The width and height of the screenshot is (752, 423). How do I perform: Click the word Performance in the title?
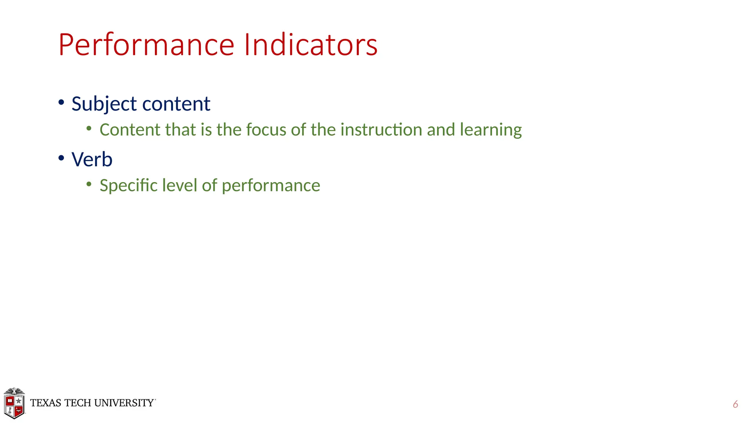point(146,45)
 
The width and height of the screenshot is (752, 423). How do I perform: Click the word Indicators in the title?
point(310,44)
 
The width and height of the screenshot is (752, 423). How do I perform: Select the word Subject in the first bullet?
point(104,104)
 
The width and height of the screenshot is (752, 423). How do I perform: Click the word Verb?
point(92,159)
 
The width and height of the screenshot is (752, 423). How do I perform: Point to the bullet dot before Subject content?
point(61,102)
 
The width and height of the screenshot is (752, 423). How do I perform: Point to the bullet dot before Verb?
point(61,158)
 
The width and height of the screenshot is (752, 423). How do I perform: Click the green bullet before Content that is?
point(89,129)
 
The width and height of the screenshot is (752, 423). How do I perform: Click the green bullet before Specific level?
point(89,184)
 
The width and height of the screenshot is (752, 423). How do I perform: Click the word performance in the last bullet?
point(271,186)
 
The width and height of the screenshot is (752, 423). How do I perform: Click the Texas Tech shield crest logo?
point(14,403)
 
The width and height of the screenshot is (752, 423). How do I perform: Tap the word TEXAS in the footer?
point(46,403)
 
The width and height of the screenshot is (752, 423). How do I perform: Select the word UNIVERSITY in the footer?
point(124,403)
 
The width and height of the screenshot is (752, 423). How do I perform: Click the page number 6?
point(735,404)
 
